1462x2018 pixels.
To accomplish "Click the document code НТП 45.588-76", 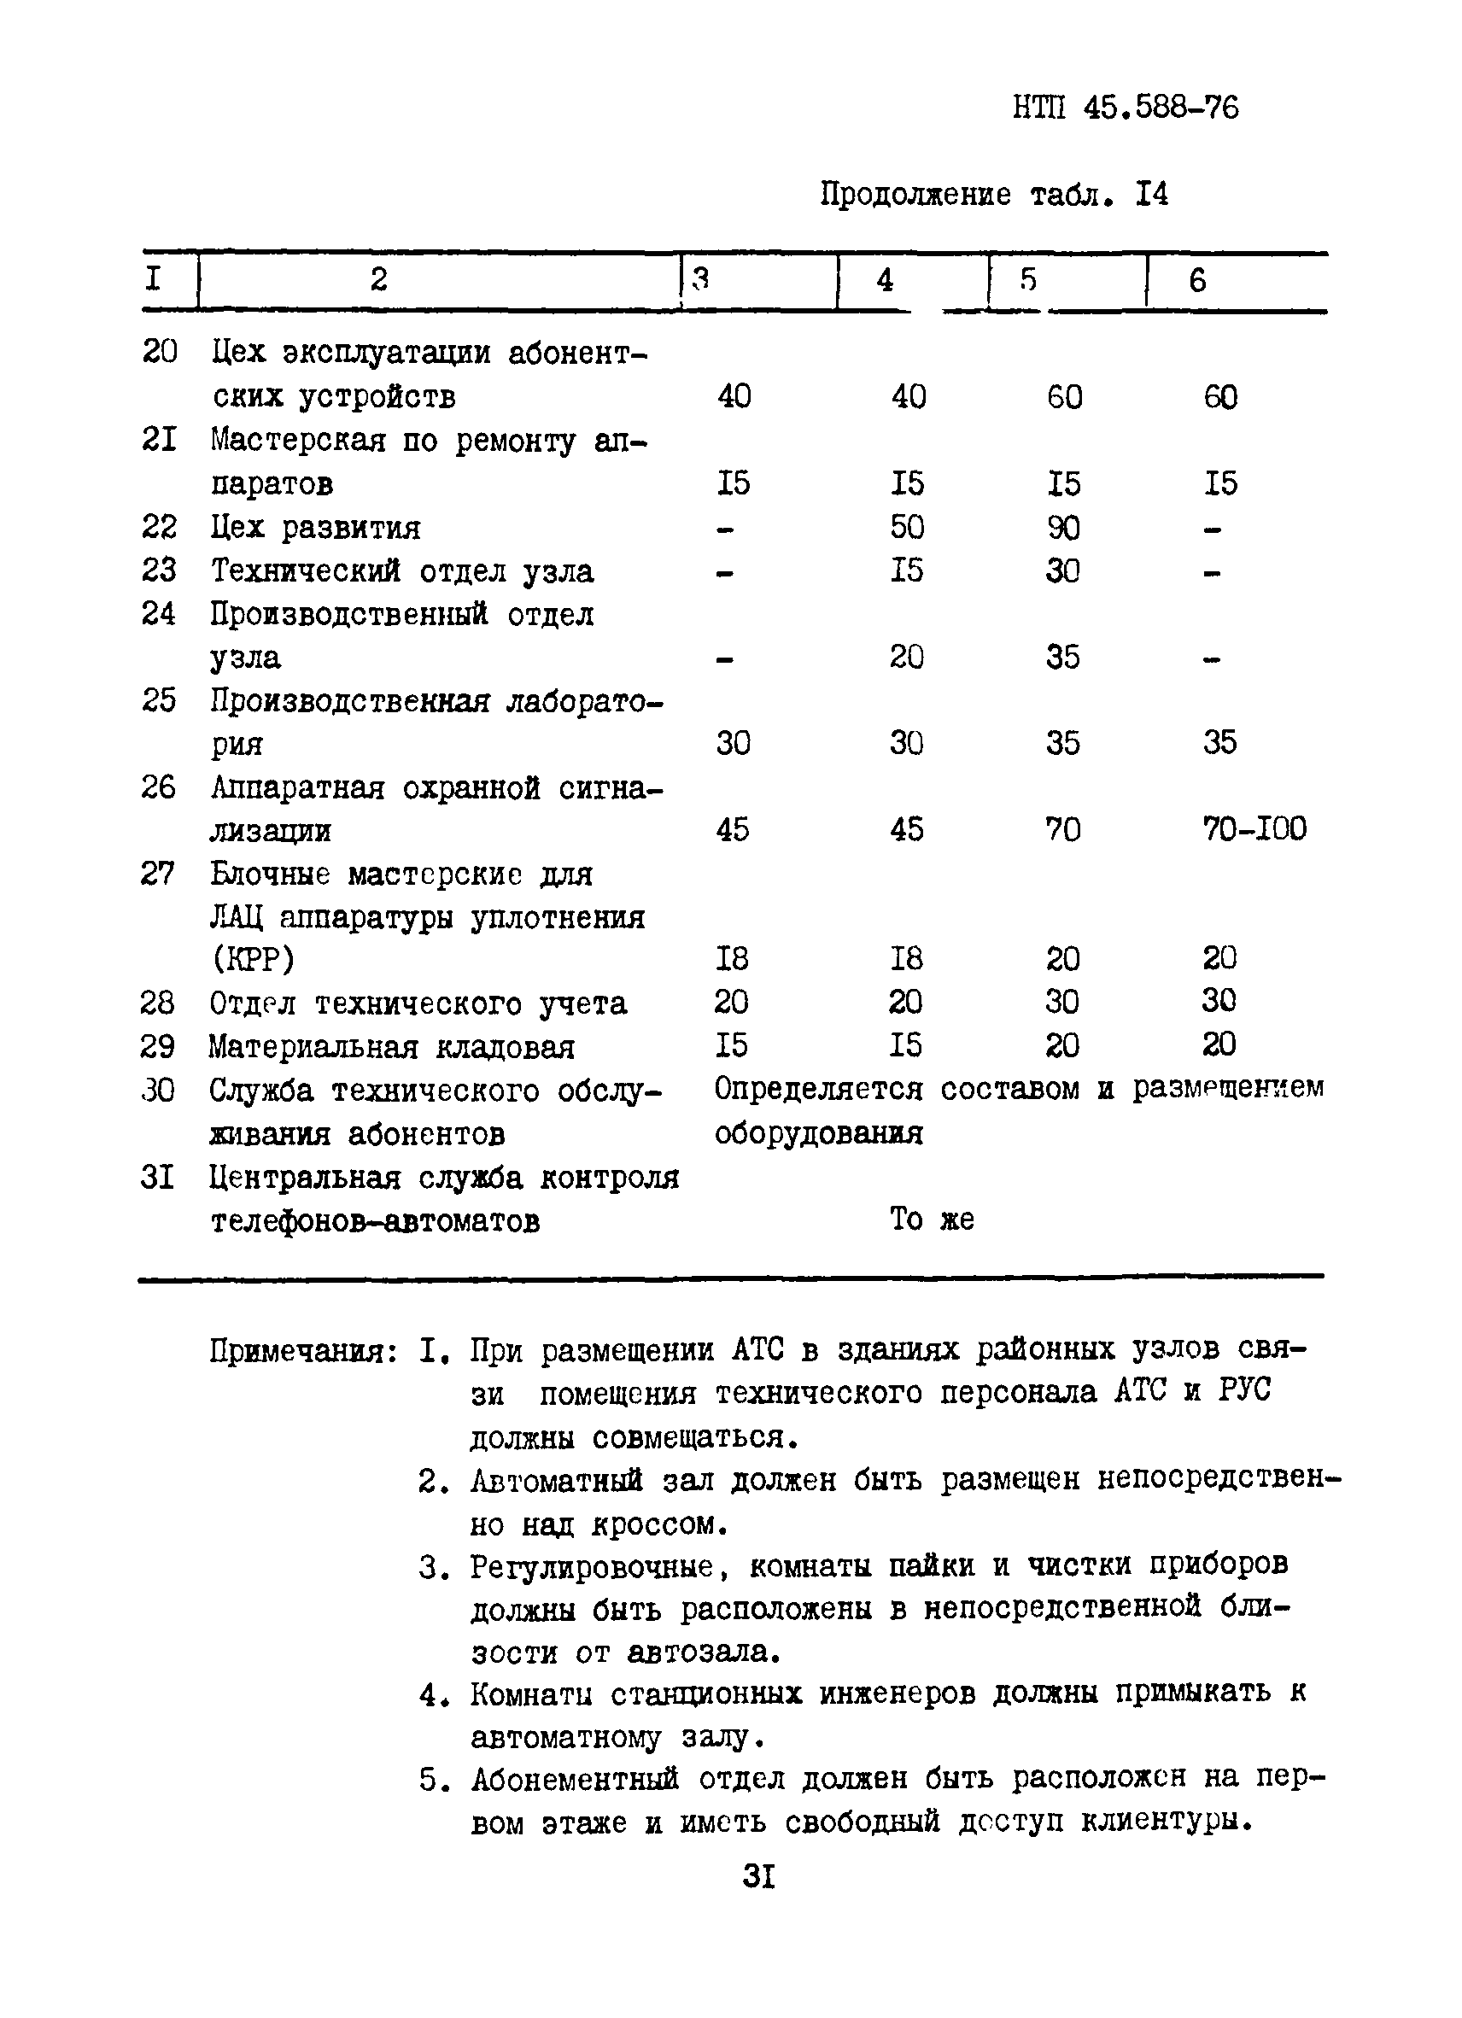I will (x=1125, y=108).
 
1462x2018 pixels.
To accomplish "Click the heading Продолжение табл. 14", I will (x=993, y=194).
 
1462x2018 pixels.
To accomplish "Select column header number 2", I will (x=379, y=280).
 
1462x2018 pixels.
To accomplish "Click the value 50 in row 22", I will (x=907, y=528).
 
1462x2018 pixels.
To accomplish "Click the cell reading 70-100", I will (x=1254, y=830).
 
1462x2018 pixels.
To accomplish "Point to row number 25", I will (x=158, y=700).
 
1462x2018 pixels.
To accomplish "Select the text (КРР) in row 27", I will (x=253, y=959).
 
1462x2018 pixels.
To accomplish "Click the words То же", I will (x=931, y=1219).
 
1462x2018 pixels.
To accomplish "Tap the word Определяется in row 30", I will (x=818, y=1089).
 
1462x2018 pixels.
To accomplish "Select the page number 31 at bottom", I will (x=758, y=1876).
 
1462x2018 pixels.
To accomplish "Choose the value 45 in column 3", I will (x=733, y=830).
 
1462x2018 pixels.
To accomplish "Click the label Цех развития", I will (x=315, y=529).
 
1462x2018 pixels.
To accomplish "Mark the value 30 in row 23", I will (x=1062, y=571).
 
